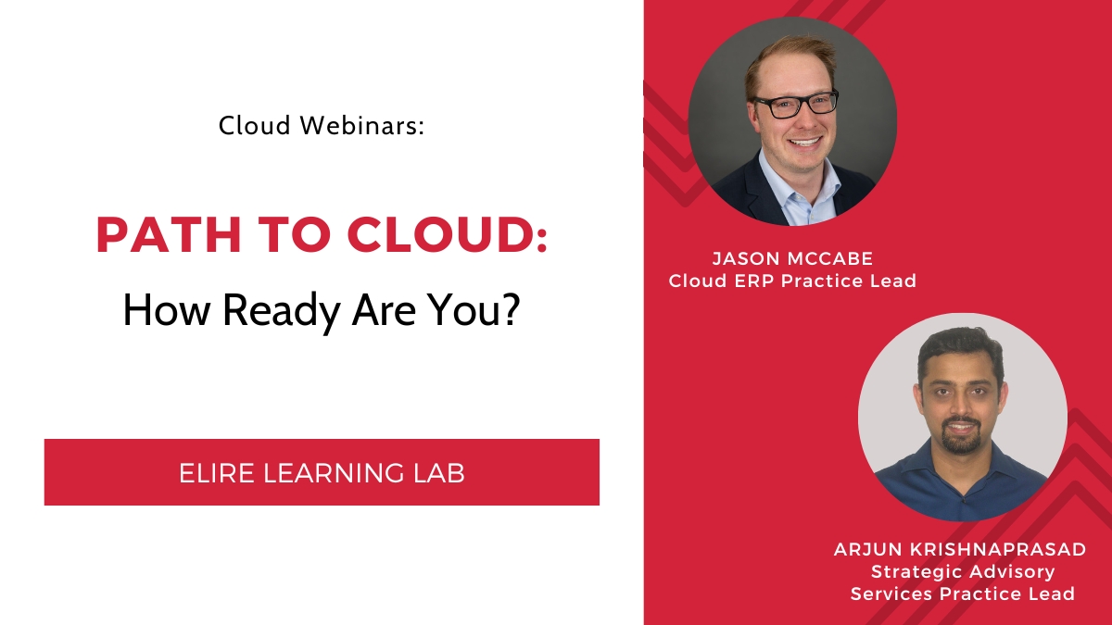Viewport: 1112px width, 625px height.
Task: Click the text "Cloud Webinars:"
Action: tap(322, 126)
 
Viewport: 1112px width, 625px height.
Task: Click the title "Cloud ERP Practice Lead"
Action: tap(792, 281)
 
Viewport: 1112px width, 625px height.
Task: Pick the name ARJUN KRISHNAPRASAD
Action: tap(960, 550)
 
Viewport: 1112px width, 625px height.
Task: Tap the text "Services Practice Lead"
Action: tap(962, 594)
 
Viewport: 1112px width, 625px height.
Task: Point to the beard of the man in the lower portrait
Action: tap(963, 439)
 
